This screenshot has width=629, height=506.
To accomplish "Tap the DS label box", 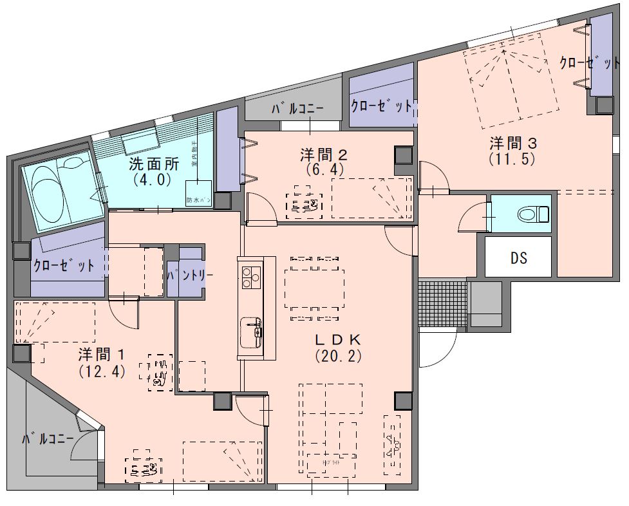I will click(x=518, y=258).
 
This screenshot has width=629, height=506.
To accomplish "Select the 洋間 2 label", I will click(x=324, y=154).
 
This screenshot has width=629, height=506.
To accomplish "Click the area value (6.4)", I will click(x=324, y=169).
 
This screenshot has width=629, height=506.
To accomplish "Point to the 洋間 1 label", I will click(x=102, y=355).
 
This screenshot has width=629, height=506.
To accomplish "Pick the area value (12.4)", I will click(x=102, y=371).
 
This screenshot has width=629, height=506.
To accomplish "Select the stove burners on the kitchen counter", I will click(x=250, y=277).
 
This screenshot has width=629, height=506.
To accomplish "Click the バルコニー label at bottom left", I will click(x=48, y=440).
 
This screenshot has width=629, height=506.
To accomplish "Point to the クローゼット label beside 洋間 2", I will click(x=381, y=106).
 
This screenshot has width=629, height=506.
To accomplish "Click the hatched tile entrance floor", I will click(x=442, y=303).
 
